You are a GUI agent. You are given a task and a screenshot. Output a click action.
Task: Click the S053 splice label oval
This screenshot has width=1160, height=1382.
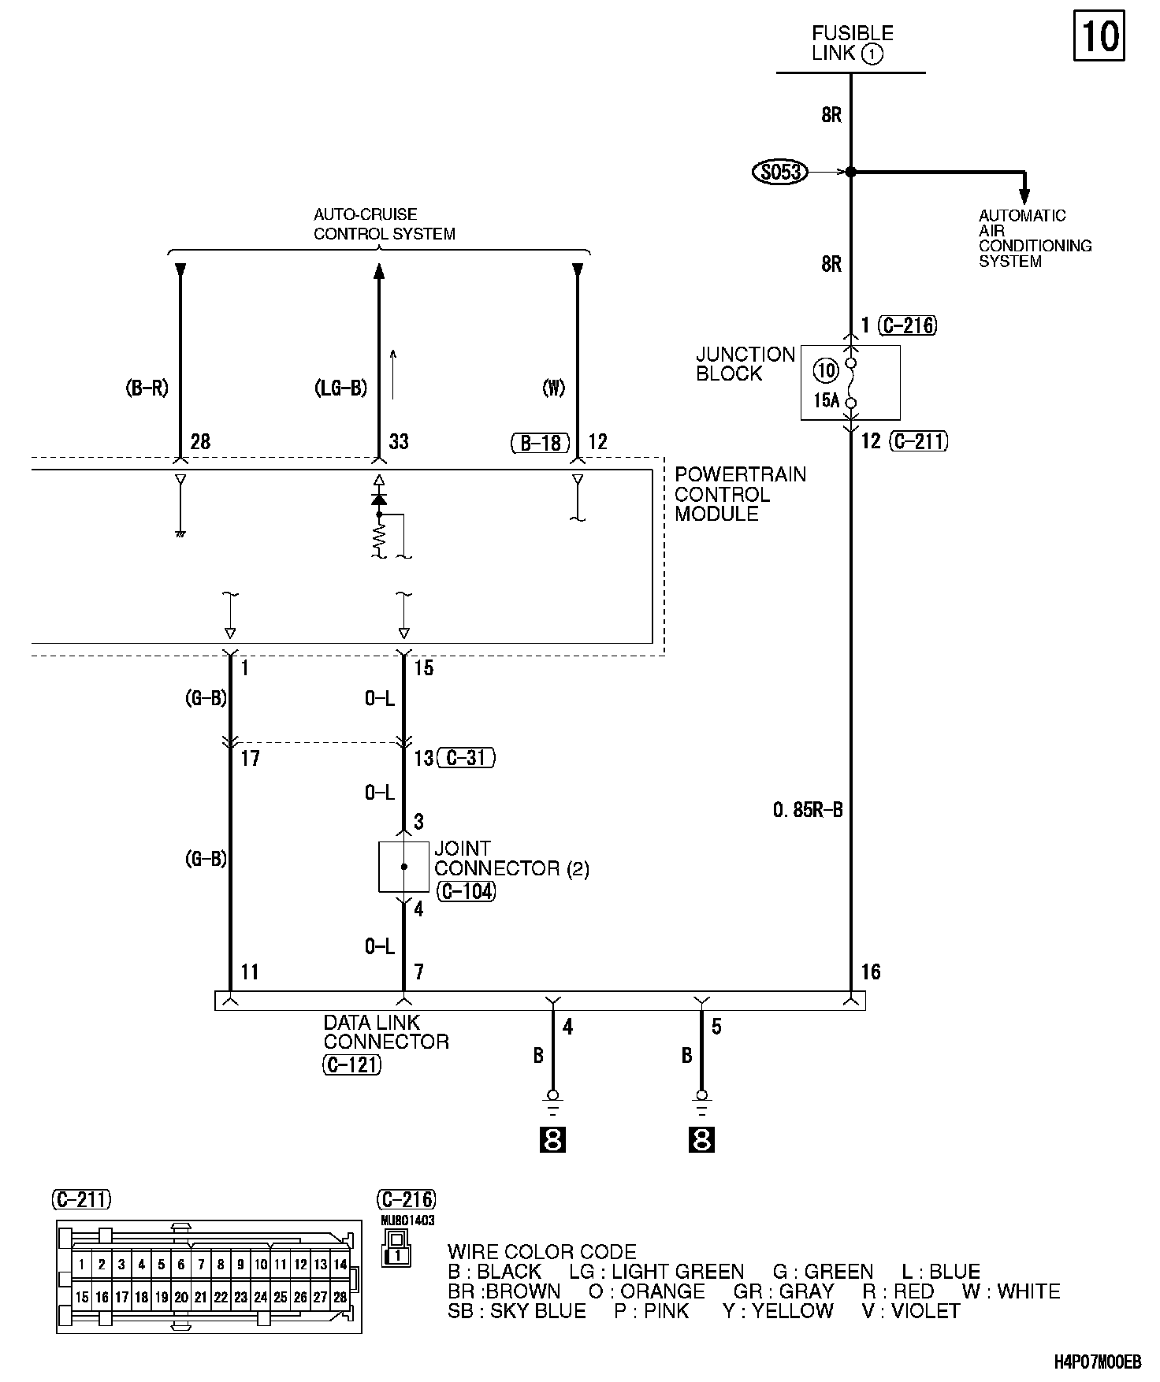(780, 172)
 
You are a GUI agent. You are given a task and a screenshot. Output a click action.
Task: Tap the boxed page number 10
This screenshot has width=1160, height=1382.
(1099, 36)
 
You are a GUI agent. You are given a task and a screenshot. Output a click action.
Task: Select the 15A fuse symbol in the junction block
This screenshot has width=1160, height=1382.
(850, 383)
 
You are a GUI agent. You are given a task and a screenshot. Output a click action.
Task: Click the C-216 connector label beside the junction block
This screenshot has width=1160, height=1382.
(909, 325)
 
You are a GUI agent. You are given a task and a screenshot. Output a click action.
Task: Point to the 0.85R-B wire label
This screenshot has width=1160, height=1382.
(808, 809)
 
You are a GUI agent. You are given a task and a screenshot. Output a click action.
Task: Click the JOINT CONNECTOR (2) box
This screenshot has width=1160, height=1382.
(403, 867)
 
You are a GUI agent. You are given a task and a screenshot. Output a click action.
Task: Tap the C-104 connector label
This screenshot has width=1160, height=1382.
(465, 892)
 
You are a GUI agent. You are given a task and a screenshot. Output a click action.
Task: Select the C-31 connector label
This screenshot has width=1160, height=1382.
(467, 758)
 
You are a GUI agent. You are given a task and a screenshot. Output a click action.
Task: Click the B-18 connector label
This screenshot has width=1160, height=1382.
(540, 443)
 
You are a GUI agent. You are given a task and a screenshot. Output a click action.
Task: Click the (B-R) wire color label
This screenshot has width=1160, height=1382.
(147, 388)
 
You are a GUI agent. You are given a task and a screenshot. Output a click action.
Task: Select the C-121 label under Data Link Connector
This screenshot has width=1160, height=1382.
(352, 1065)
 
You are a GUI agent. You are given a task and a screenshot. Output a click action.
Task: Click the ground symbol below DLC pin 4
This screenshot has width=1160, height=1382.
(552, 1102)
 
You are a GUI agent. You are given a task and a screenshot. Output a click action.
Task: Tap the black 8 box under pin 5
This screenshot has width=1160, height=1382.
(701, 1140)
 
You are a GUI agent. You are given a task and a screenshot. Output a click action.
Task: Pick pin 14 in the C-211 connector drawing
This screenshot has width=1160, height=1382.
(340, 1265)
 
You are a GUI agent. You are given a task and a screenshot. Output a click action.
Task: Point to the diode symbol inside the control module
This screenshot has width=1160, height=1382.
(379, 499)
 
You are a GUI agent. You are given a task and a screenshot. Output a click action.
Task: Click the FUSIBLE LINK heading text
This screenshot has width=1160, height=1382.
(852, 43)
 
